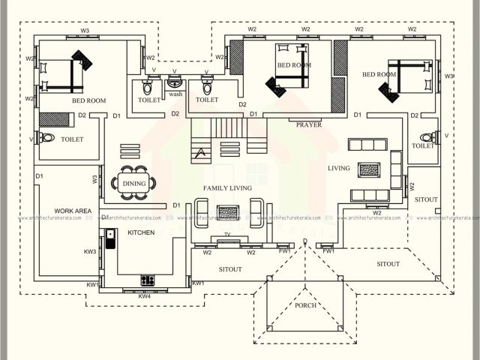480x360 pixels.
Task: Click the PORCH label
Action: (x=305, y=305)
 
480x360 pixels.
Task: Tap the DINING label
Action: (x=134, y=183)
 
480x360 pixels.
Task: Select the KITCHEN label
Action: (x=141, y=232)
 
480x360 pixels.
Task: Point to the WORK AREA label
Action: (x=73, y=211)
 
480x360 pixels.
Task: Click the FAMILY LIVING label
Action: (x=228, y=188)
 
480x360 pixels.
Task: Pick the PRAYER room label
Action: (x=308, y=124)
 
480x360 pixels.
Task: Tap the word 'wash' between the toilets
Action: (x=175, y=94)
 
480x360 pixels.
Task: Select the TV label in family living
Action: (x=226, y=235)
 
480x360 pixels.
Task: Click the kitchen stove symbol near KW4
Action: (x=148, y=280)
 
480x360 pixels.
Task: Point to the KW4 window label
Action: (x=144, y=296)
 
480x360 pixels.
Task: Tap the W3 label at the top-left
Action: (x=85, y=31)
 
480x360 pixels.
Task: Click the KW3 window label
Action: (x=90, y=251)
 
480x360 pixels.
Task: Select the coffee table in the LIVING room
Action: (x=369, y=169)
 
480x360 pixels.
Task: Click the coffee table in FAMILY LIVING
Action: (x=228, y=212)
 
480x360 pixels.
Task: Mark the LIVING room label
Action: (x=339, y=168)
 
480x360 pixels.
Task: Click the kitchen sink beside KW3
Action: (x=110, y=238)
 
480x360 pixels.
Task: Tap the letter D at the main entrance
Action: (x=305, y=240)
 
